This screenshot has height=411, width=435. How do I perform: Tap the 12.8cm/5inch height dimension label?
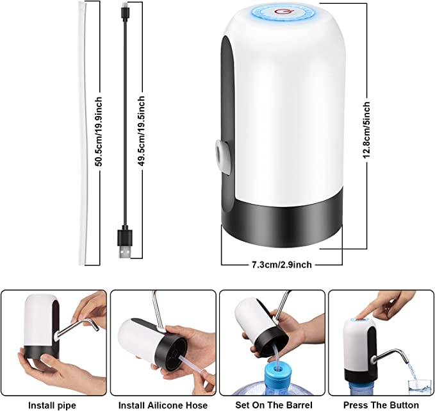click(366, 130)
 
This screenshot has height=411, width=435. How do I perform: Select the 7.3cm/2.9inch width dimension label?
click(282, 265)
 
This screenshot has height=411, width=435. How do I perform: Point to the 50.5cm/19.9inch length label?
click(99, 131)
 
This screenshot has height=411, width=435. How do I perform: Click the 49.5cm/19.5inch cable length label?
click(141, 131)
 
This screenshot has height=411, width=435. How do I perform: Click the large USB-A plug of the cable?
click(125, 244)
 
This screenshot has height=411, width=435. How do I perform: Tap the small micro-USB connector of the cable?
click(124, 10)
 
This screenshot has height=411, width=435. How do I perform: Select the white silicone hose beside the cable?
click(83, 133)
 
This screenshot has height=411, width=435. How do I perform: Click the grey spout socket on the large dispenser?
click(222, 157)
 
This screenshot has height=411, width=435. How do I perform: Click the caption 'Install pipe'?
click(52, 405)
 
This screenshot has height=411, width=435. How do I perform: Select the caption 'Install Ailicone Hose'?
click(163, 405)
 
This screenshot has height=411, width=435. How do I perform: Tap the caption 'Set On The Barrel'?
click(274, 405)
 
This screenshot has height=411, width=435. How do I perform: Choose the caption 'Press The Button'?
click(381, 405)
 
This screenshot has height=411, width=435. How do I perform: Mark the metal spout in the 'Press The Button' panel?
click(391, 356)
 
